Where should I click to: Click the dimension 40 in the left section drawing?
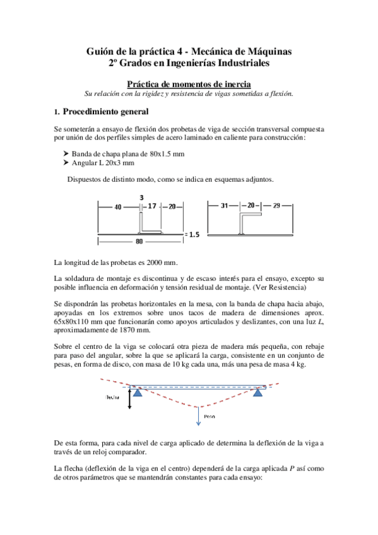118,206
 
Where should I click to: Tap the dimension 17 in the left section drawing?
153,206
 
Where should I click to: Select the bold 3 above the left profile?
141,197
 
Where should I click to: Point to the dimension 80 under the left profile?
138,240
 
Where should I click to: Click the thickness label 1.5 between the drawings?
193,234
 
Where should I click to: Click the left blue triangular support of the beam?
137,392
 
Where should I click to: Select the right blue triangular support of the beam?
258,392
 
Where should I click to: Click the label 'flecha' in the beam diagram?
113,397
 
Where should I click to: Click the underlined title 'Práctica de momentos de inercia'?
189,84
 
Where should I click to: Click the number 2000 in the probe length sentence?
153,262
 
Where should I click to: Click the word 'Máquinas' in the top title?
269,50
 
